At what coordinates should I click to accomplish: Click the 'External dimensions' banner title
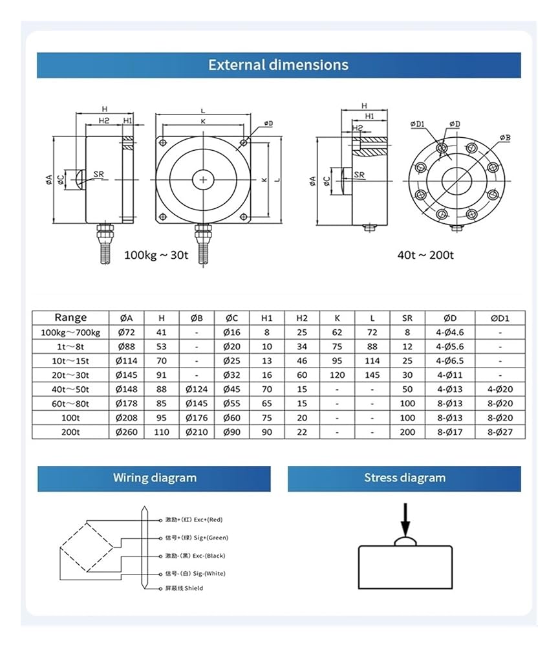click(278, 65)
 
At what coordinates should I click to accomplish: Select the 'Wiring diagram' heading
click(155, 478)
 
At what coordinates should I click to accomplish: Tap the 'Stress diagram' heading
click(405, 478)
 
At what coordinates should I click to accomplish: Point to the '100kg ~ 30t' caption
click(156, 255)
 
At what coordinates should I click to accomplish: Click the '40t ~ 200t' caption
click(425, 255)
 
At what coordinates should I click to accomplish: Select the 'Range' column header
click(70, 318)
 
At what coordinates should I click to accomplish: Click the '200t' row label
click(70, 432)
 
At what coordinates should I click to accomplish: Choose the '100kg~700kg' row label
click(70, 332)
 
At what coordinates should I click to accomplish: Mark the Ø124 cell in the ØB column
click(197, 389)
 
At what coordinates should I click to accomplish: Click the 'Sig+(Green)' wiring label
click(197, 538)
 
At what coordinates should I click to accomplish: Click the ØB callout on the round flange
click(505, 137)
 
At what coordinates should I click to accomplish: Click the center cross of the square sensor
click(204, 179)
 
